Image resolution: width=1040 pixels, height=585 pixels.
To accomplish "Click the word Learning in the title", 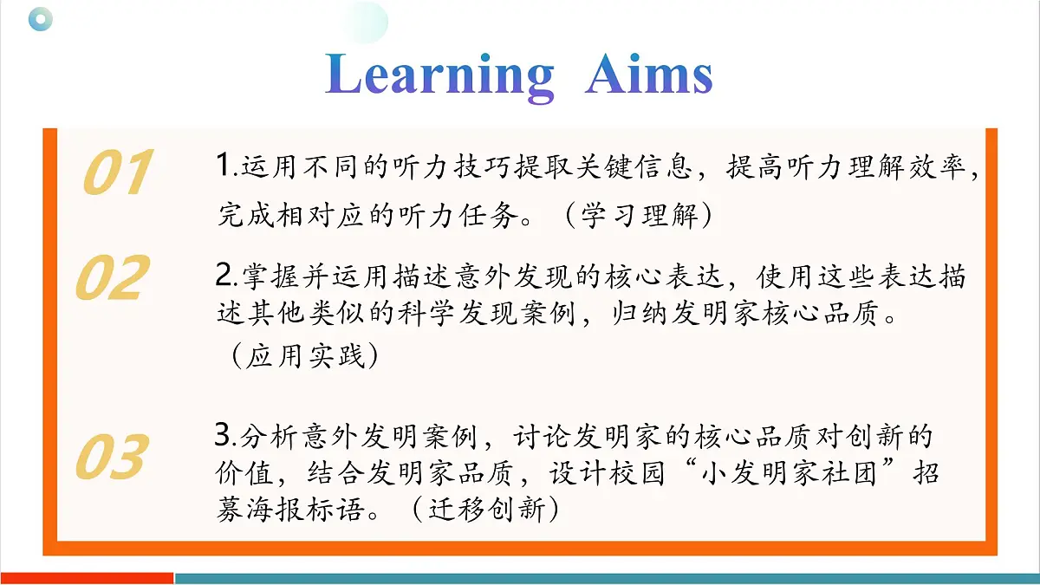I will [440, 76].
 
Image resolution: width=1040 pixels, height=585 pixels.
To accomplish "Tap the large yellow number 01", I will [118, 172].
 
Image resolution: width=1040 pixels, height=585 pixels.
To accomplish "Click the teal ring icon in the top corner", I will [40, 19].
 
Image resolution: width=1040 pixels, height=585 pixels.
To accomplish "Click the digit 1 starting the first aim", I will [223, 166].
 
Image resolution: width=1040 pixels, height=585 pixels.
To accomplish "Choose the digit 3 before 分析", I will [222, 433].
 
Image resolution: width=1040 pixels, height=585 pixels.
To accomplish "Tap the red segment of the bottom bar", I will [87, 577].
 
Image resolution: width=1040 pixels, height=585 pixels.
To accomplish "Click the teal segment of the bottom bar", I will [607, 577].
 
